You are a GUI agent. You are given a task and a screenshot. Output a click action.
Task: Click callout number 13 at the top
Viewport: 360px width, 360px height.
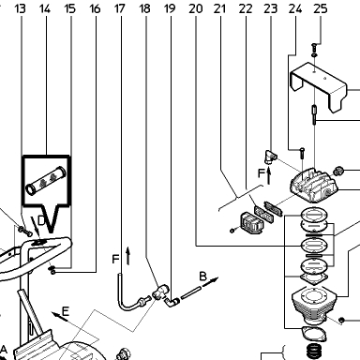(x=20, y=8)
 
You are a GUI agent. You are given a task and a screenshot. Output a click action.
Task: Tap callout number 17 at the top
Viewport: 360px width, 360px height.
(x=120, y=8)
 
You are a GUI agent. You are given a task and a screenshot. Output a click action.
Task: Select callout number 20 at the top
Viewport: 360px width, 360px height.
(x=196, y=8)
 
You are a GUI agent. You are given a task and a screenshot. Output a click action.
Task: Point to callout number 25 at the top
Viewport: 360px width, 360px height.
(x=321, y=8)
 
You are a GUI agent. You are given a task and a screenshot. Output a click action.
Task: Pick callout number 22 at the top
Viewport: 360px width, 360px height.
(x=246, y=8)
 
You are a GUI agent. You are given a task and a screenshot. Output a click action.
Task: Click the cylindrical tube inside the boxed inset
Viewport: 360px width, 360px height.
(x=46, y=180)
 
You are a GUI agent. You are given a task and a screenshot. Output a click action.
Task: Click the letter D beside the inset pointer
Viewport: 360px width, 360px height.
(x=41, y=221)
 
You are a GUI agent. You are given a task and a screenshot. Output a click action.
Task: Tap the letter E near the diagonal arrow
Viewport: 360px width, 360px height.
(x=66, y=311)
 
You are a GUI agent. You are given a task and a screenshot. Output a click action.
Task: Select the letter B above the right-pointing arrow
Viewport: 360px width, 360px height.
(x=202, y=277)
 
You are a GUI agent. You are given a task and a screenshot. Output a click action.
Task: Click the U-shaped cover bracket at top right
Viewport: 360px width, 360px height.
(x=319, y=86)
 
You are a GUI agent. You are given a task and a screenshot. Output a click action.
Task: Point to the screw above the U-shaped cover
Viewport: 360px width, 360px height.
(x=314, y=48)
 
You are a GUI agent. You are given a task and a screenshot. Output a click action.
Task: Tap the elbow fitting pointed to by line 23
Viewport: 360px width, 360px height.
(x=269, y=157)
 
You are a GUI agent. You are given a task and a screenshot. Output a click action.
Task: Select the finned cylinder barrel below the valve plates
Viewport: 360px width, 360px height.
(x=314, y=303)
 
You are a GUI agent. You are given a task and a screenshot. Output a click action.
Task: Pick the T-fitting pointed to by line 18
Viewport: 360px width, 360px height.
(x=160, y=292)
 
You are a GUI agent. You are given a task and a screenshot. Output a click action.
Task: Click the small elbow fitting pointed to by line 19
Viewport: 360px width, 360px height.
(x=172, y=302)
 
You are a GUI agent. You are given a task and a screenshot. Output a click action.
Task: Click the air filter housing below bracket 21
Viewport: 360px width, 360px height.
(x=250, y=223)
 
